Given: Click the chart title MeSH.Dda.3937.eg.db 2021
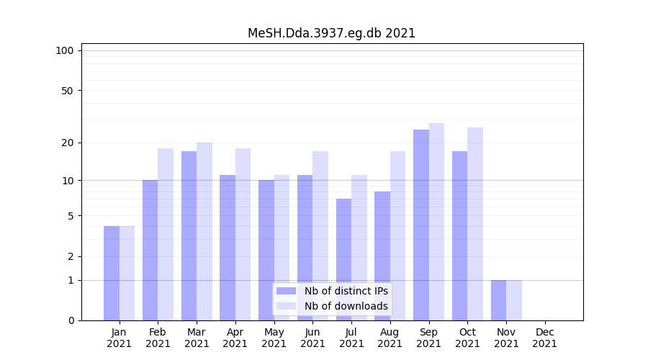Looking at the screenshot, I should [331, 33].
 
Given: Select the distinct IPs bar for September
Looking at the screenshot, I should [421, 225].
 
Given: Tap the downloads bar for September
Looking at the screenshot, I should [436, 222].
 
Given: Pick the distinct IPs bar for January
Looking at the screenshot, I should [112, 273].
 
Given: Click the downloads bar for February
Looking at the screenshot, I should [166, 234].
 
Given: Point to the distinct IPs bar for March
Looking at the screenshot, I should [189, 235].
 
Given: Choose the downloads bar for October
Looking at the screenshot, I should [475, 224].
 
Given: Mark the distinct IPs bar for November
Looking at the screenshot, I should [498, 300].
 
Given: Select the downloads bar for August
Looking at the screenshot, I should [397, 235].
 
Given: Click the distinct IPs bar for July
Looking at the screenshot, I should [343, 259].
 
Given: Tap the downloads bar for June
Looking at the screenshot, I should [320, 235].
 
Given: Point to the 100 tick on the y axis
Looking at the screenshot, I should [65, 50].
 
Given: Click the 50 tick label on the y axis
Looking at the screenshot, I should [67, 91].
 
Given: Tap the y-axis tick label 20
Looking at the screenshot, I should [67, 143].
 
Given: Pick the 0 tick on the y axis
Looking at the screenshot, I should [71, 320].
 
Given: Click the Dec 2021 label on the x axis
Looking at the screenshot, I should [544, 338].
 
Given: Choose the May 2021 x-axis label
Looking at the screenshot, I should [274, 338].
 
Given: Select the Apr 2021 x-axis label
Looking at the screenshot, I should [235, 338].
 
